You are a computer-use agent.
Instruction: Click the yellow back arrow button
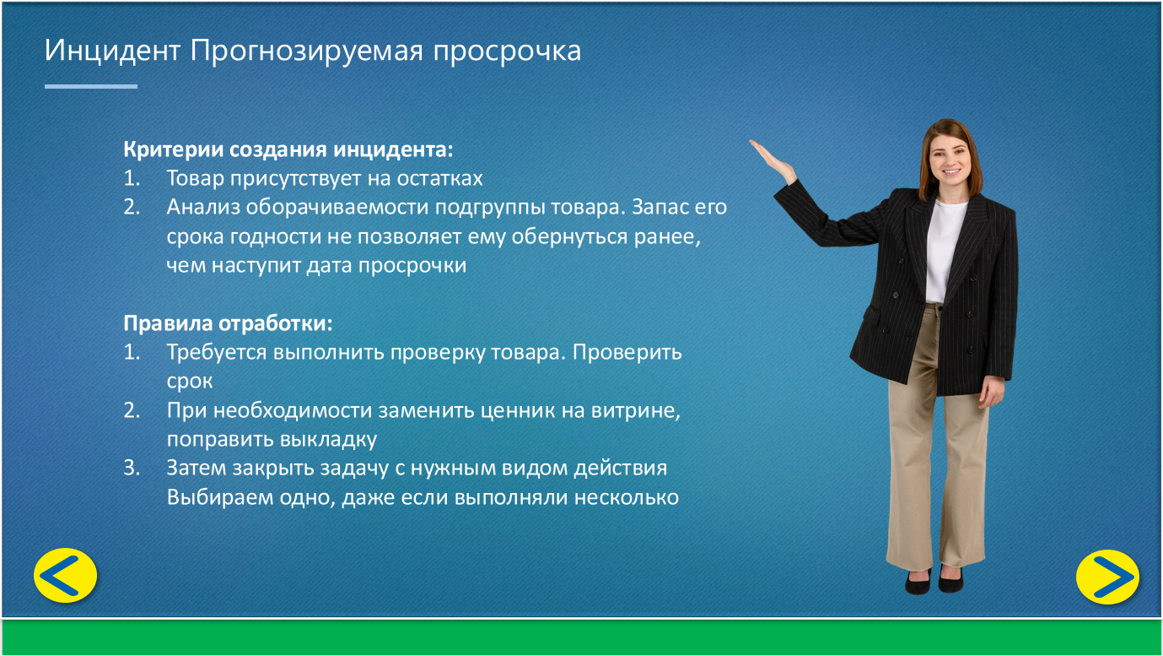(x=66, y=576)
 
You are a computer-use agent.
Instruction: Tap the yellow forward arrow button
(x=1107, y=577)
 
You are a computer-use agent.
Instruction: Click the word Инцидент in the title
(x=112, y=51)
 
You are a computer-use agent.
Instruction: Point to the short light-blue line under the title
(x=91, y=86)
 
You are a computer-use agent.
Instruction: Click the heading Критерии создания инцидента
(x=288, y=149)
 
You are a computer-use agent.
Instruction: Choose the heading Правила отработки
(x=228, y=324)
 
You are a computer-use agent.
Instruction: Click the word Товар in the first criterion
(x=195, y=178)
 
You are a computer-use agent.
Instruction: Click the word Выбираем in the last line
(x=220, y=498)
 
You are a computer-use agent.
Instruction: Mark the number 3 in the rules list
(x=131, y=469)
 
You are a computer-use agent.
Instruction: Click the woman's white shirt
(x=945, y=250)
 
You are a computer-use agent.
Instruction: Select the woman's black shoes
(x=934, y=581)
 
